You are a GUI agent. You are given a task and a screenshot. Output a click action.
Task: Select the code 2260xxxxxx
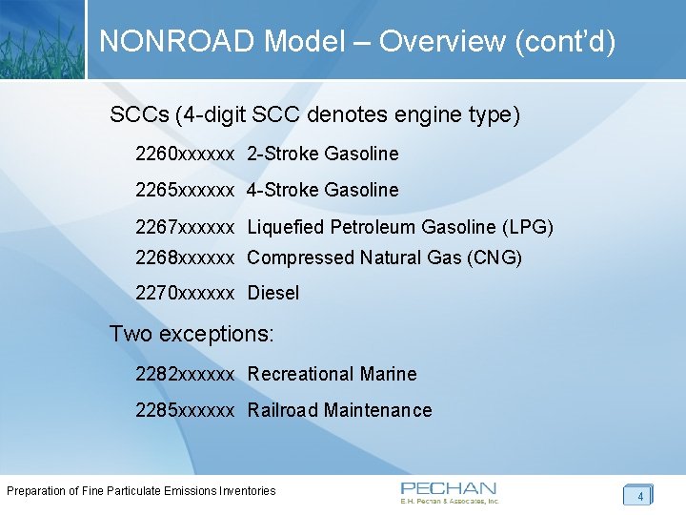coord(185,154)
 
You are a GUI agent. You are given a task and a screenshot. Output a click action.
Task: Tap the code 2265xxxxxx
coord(185,190)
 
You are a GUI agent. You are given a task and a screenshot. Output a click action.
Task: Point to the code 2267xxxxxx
coord(185,227)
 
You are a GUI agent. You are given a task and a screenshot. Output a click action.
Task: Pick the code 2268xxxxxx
coord(185,257)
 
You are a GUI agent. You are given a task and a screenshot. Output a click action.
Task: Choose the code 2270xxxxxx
coord(185,293)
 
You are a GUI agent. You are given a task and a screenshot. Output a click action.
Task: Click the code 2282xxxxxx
coord(185,374)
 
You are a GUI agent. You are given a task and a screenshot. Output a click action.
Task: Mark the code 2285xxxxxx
coord(185,410)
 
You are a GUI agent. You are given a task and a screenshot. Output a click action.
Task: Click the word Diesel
coord(273,293)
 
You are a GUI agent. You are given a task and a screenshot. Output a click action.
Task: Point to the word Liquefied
coord(286,227)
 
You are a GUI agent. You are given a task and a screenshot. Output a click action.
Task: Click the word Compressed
coord(301,257)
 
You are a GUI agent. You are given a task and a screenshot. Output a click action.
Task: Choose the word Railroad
coord(283,410)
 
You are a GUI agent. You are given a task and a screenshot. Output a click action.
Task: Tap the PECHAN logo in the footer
coord(449,492)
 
